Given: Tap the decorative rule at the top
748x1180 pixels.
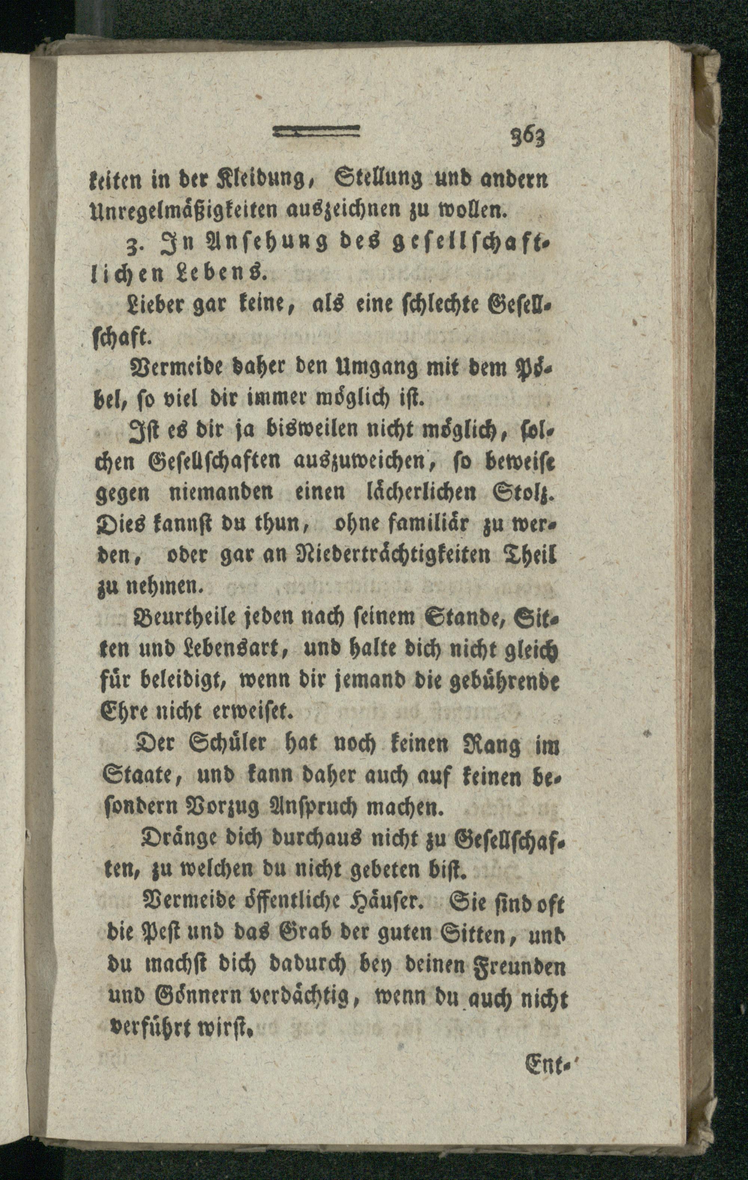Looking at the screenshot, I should point(316,131).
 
